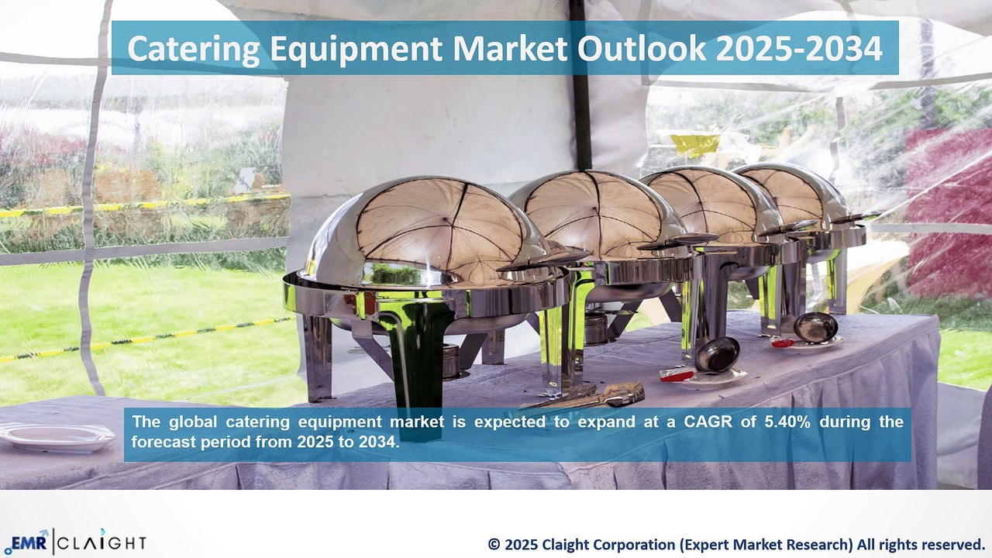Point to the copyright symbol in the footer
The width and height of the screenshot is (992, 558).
(x=494, y=545)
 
